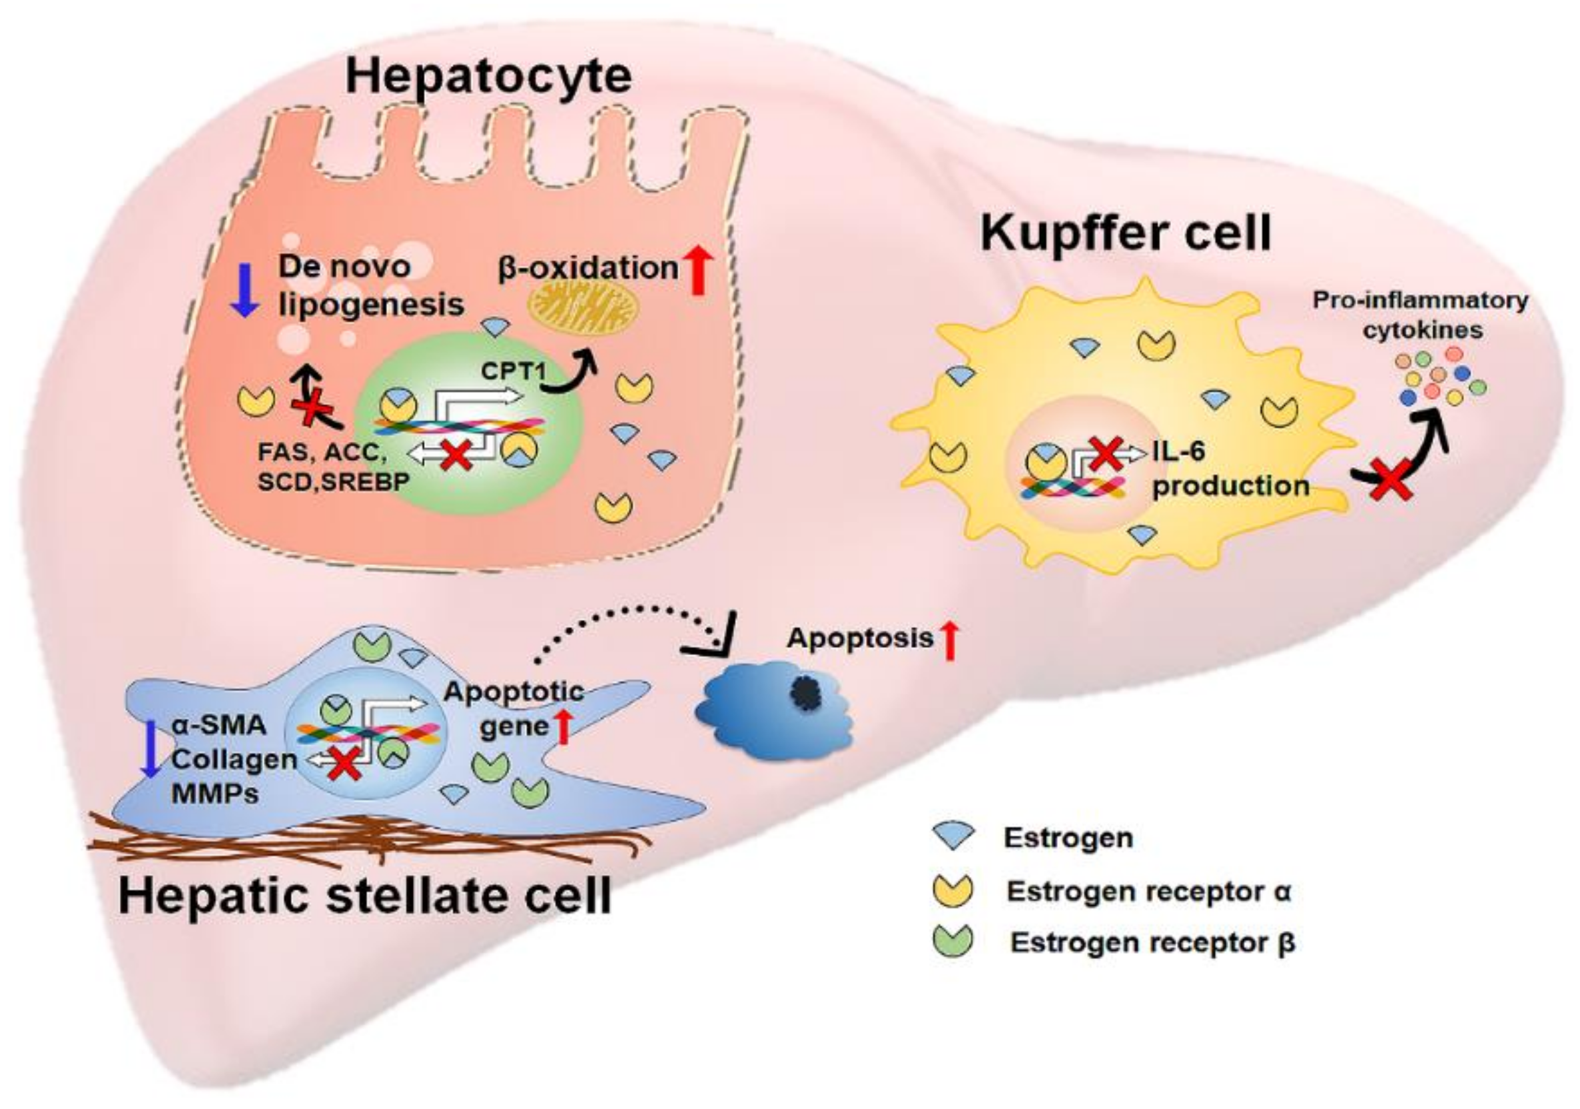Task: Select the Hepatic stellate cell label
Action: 365,896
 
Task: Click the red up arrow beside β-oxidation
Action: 697,270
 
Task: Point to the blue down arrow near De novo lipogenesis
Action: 244,291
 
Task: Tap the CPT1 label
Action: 513,371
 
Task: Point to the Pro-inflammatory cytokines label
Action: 1420,315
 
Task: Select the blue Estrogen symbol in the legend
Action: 953,836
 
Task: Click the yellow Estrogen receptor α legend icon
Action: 953,890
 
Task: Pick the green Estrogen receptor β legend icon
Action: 953,941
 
